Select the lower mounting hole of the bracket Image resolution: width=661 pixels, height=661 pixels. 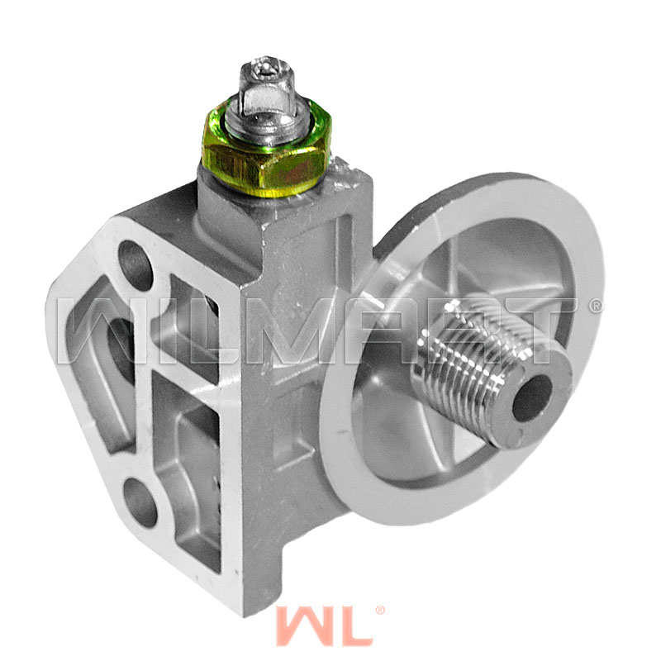click(x=140, y=500)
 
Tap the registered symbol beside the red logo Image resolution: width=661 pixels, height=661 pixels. click(x=379, y=611)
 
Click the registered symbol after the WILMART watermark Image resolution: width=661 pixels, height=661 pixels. click(x=597, y=305)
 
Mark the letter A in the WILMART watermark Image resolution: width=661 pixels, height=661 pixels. click(x=397, y=330)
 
